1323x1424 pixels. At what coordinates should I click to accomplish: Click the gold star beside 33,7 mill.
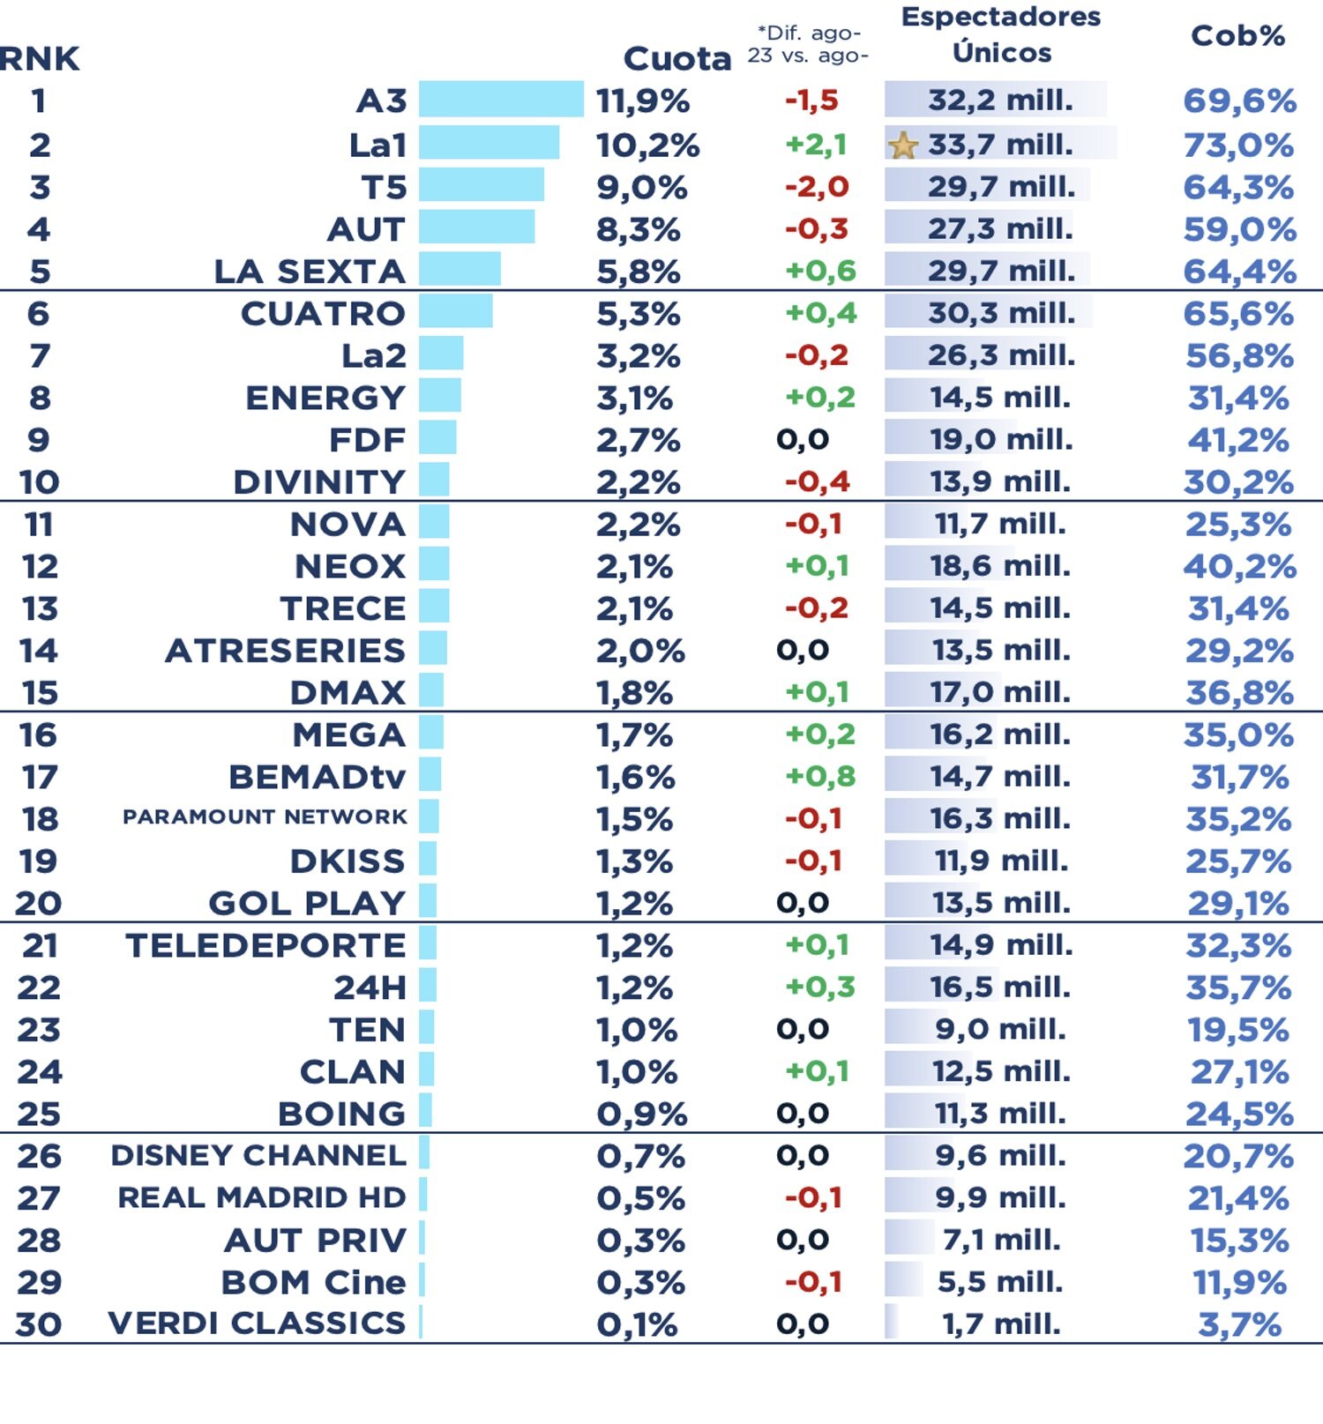(x=903, y=145)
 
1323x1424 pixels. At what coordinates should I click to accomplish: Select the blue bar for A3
(x=500, y=100)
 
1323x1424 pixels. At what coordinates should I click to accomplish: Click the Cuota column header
(x=677, y=59)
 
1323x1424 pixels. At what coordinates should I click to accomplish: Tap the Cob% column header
(x=1237, y=36)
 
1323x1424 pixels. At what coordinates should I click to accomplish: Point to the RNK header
(x=39, y=59)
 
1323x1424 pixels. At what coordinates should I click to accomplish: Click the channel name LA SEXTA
(x=310, y=272)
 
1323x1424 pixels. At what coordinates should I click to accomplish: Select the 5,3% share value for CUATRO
(x=638, y=314)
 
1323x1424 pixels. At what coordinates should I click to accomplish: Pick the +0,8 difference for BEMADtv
(x=820, y=777)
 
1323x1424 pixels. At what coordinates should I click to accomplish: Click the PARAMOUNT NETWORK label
(x=265, y=817)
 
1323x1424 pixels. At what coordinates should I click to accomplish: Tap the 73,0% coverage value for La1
(x=1238, y=145)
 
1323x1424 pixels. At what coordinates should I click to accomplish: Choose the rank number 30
(x=39, y=1324)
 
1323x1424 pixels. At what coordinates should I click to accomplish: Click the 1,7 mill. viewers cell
(x=1000, y=1324)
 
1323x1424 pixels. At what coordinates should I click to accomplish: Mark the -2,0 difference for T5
(x=817, y=187)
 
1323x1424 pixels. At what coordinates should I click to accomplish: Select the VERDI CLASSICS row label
(x=257, y=1323)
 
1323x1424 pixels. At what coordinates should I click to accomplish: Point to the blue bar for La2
(x=441, y=355)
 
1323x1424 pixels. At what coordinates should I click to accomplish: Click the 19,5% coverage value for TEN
(x=1238, y=1030)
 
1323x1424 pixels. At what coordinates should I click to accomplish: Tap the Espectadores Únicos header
(x=1001, y=35)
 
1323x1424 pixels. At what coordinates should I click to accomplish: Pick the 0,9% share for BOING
(x=641, y=1115)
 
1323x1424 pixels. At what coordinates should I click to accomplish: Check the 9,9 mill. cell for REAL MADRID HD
(x=1000, y=1198)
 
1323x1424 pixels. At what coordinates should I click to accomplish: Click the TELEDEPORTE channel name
(x=265, y=946)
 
